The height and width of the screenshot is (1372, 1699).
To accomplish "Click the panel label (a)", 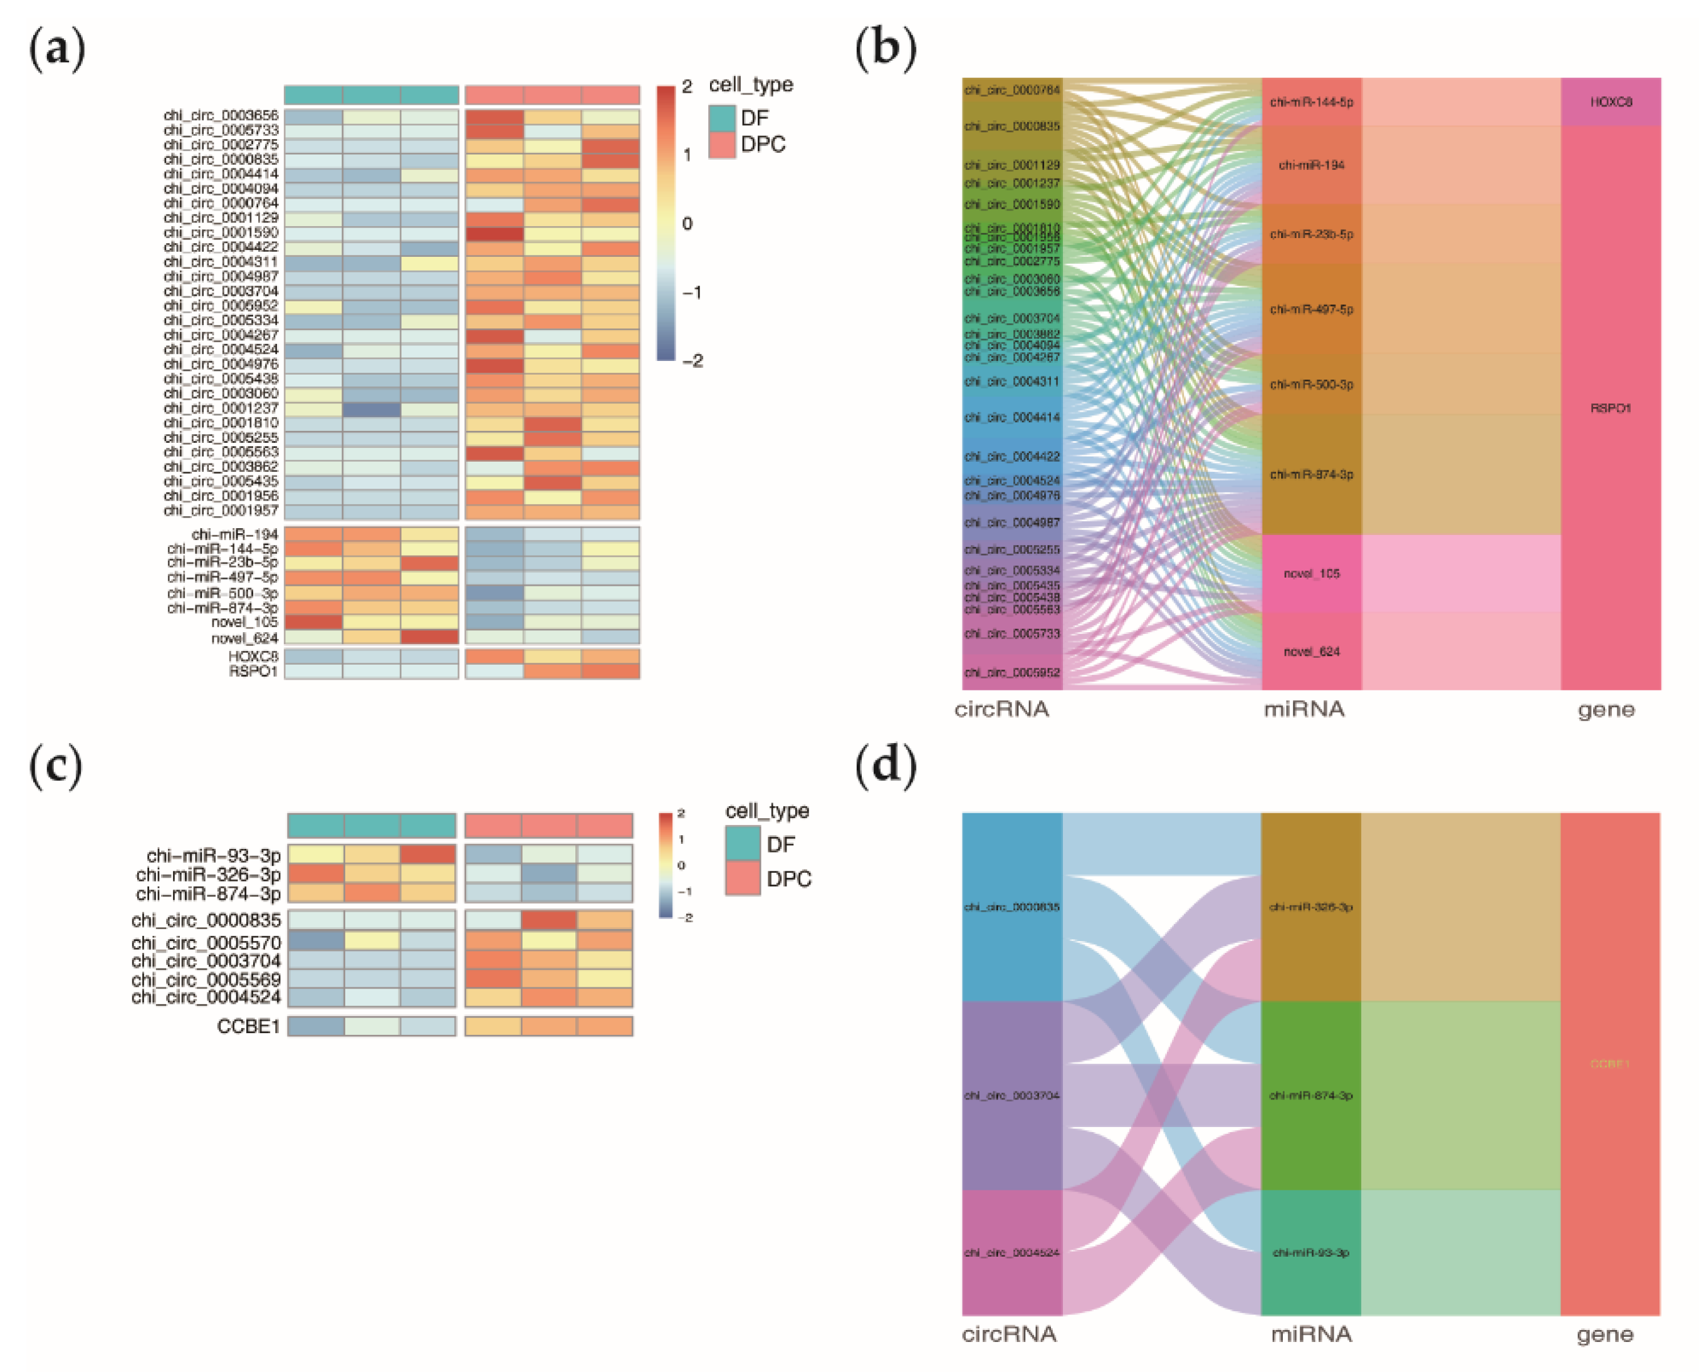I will [x=56, y=49].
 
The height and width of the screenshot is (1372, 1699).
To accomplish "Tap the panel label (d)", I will [x=886, y=767].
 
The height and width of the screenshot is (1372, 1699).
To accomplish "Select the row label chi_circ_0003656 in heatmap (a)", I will [x=221, y=115].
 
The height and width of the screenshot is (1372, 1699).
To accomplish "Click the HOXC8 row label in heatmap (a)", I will [x=253, y=656].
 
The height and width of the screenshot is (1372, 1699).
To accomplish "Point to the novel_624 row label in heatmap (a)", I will [x=244, y=638].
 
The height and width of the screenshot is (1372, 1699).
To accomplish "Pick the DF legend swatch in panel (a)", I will [x=722, y=118].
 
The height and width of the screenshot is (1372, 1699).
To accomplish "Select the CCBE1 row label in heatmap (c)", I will [x=248, y=1026].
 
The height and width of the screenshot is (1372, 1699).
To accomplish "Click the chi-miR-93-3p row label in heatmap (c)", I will [x=214, y=855].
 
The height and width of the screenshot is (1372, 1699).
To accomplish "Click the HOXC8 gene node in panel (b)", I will [x=1611, y=102].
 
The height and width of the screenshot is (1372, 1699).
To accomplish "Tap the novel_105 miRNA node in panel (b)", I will [x=1311, y=574].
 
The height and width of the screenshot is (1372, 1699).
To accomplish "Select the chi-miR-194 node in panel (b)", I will [x=1311, y=165].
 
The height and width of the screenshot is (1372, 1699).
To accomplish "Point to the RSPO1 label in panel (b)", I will [x=1611, y=408].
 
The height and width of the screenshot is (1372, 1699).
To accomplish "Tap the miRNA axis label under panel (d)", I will [x=1311, y=1334].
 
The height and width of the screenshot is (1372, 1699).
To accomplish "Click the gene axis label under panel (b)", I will [x=1606, y=710].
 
